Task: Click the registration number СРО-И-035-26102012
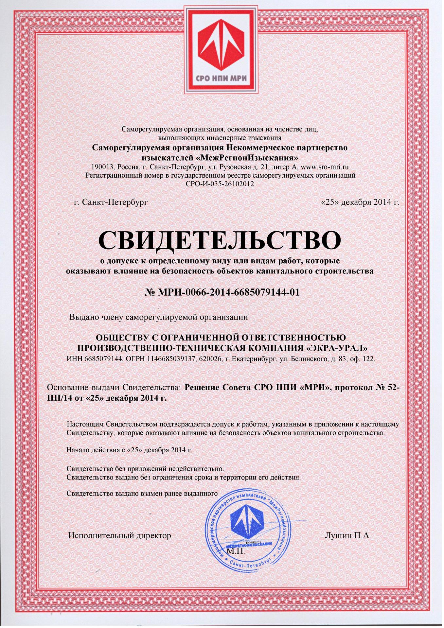(x=220, y=184)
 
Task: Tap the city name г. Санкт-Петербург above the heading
(x=111, y=202)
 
